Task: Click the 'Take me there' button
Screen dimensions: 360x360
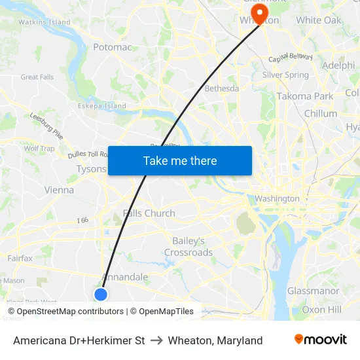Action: (180, 161)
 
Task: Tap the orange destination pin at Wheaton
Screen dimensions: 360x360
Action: (260, 13)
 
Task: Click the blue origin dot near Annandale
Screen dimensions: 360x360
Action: (100, 295)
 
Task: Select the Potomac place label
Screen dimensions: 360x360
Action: (112, 47)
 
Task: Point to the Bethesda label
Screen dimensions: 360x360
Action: (222, 88)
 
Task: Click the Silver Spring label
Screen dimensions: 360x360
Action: (285, 75)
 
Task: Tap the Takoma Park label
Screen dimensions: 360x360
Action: (304, 96)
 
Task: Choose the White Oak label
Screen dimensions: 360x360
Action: (319, 20)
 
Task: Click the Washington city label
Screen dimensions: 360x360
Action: (277, 198)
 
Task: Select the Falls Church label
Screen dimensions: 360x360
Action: (149, 213)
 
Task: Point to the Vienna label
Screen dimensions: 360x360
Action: (59, 190)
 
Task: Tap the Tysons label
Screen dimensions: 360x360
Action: (91, 169)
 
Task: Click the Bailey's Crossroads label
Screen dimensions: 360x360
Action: (189, 247)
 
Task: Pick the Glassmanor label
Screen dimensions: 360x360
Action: (313, 291)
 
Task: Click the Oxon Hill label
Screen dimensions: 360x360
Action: (321, 309)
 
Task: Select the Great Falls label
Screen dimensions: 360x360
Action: (37, 77)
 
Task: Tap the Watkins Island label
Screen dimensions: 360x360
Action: (45, 22)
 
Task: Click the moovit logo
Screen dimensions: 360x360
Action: (320, 340)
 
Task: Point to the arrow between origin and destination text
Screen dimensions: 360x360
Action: (156, 340)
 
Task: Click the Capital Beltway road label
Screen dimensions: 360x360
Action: (288, 60)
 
